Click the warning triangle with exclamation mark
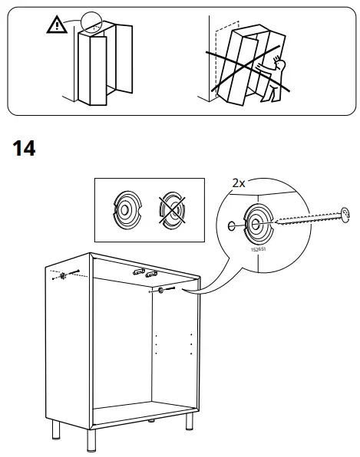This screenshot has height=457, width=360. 55,26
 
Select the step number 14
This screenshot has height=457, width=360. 25,147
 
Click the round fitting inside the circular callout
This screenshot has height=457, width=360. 256,224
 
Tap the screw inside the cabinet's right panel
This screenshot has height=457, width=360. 163,290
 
